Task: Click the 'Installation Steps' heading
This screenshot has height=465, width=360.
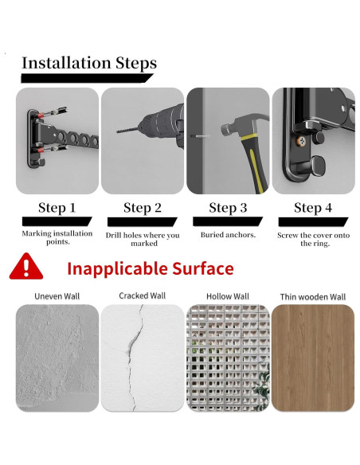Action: [89, 63]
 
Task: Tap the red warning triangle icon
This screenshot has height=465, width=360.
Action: [26, 266]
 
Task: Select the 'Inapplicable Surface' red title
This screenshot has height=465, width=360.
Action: [151, 268]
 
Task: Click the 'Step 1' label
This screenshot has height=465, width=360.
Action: [57, 208]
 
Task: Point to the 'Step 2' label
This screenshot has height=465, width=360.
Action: [143, 208]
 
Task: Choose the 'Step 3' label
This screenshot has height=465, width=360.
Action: [228, 208]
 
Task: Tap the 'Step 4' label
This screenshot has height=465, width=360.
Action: [313, 208]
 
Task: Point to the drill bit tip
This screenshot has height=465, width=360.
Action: [117, 131]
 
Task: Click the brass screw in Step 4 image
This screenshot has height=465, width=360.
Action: [302, 141]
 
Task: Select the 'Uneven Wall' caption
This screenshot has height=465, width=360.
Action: [57, 296]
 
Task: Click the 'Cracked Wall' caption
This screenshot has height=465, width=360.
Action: [143, 295]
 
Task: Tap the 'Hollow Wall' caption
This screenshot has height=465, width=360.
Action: [228, 296]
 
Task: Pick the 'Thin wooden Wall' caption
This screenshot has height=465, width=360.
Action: [313, 297]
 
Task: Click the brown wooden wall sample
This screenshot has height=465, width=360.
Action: [313, 358]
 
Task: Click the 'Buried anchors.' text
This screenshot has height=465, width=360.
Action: [228, 235]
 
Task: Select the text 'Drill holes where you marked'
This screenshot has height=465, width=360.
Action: [143, 239]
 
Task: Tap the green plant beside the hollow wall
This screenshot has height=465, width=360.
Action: [262, 385]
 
